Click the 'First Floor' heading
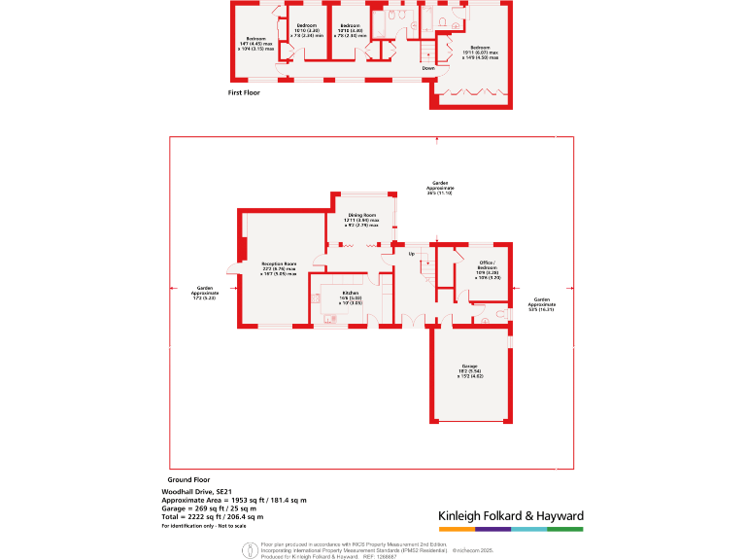coord(243,93)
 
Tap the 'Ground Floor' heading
coord(188,480)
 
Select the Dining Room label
coord(361,220)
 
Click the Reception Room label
coord(278,268)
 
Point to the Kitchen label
coord(351,297)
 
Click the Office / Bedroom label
coord(488,269)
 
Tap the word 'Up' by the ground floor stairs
coord(411,255)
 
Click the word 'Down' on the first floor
coord(428,68)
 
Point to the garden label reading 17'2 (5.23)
coord(205,292)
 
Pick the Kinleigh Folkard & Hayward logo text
coord(510,515)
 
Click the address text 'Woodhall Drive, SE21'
coord(194,492)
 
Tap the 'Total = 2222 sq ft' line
coord(212,516)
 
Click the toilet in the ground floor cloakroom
coord(499,314)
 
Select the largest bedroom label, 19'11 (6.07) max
coord(480,52)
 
